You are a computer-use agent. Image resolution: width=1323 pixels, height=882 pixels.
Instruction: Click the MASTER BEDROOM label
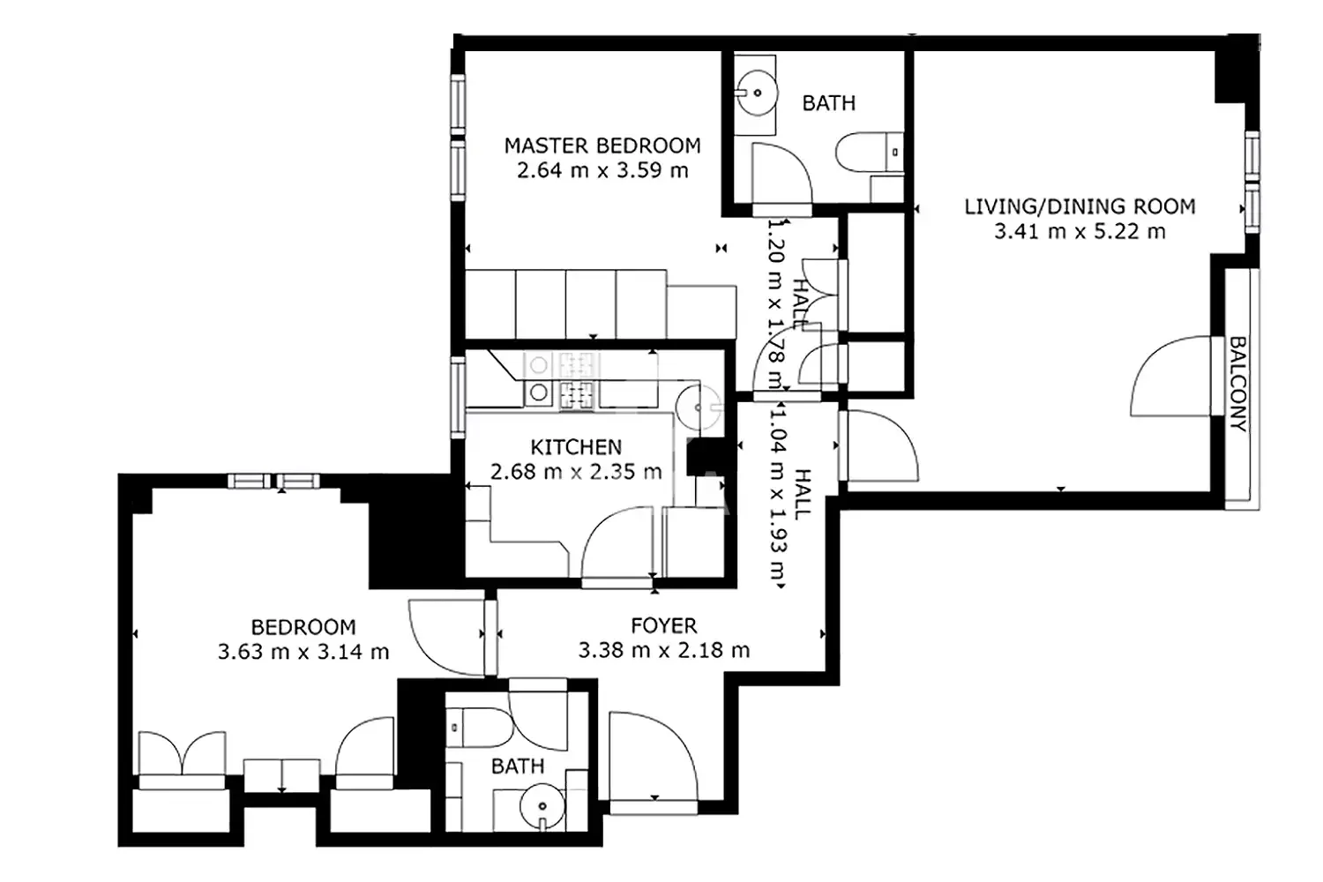(602, 146)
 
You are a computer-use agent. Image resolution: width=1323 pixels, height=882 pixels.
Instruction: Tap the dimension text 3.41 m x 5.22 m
(1080, 231)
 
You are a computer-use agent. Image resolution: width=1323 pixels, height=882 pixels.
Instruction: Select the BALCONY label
(1238, 384)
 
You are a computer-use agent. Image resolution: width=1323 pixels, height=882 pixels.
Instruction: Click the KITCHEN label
(576, 447)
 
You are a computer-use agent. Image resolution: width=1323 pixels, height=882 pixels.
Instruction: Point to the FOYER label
(664, 625)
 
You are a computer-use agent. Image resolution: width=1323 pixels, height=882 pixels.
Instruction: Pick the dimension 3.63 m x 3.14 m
(303, 652)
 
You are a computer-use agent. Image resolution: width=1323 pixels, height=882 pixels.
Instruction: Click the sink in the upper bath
(756, 93)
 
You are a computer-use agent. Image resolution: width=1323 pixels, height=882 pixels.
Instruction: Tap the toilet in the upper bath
(870, 152)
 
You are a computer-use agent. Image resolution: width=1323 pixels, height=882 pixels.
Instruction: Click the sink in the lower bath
(542, 807)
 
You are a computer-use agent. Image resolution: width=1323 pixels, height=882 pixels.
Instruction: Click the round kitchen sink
(699, 407)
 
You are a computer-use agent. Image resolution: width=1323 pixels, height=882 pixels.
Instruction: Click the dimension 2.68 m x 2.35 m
(576, 472)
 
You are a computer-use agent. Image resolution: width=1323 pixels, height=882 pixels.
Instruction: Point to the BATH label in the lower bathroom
(518, 766)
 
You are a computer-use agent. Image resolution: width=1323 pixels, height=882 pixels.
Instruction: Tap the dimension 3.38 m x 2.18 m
(664, 650)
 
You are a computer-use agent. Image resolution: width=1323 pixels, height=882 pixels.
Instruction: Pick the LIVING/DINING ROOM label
(1080, 206)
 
